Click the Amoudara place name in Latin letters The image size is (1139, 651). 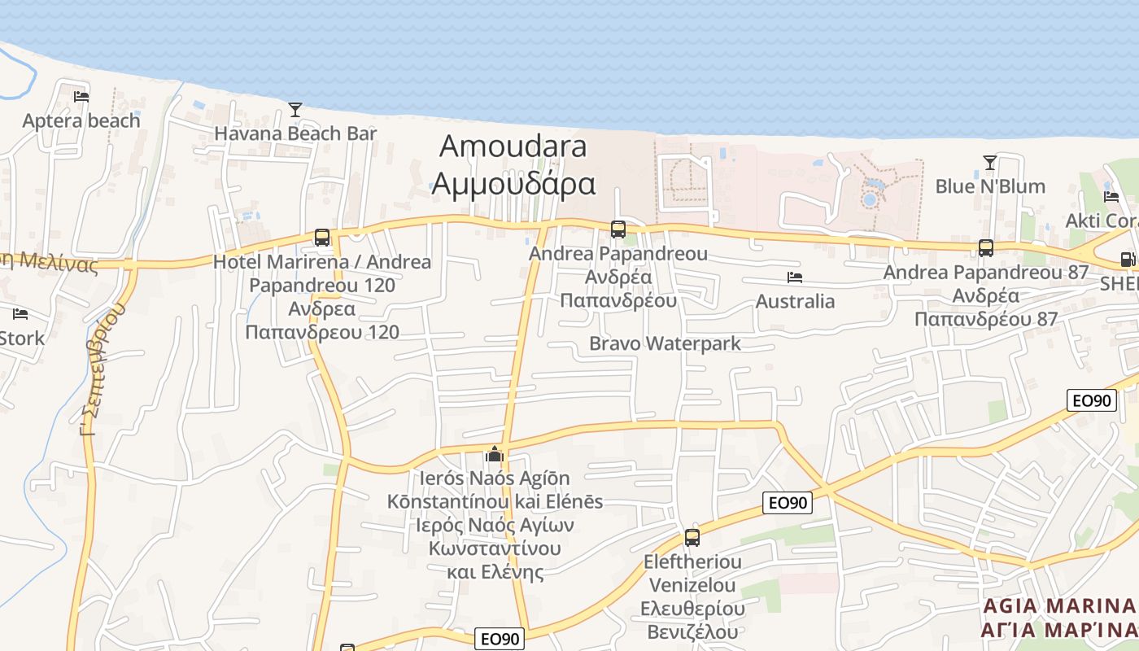coord(513,146)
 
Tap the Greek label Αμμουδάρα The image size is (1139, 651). coord(513,184)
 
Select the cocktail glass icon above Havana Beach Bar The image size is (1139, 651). coord(295,110)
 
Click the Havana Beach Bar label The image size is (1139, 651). coord(295,133)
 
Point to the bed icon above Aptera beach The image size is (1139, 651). coord(81,96)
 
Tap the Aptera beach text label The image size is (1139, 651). coord(81,121)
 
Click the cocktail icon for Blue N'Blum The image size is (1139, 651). coord(989,163)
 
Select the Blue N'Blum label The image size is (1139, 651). coord(990,186)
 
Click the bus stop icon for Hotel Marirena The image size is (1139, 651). coord(322,238)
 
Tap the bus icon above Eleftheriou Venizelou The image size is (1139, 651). coord(692,537)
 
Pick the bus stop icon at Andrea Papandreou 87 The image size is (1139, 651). coord(986,248)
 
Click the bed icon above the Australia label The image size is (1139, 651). coord(795,277)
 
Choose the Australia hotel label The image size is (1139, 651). coord(795,302)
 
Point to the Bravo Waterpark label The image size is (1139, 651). coord(665,343)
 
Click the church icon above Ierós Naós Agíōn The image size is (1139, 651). coord(495,454)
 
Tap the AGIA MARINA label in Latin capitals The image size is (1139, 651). coord(1058,606)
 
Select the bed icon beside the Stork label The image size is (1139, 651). coord(20,314)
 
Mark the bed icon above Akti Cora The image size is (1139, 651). coord(1111,196)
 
